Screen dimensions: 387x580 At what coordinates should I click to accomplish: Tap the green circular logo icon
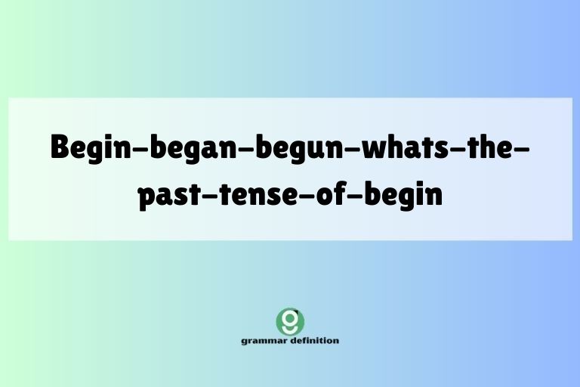tap(290, 321)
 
